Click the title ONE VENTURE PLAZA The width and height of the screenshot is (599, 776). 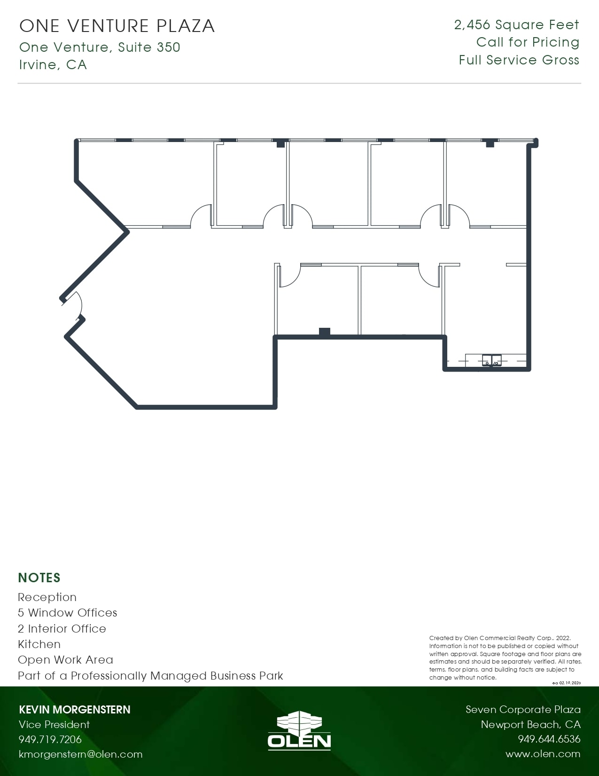click(117, 26)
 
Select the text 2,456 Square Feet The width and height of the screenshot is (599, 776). click(516, 25)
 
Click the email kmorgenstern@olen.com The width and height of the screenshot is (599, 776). click(80, 754)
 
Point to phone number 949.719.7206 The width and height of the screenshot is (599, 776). click(50, 739)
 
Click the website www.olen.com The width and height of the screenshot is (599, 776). click(543, 754)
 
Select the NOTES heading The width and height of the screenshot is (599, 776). click(39, 578)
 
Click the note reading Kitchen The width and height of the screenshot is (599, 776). click(39, 644)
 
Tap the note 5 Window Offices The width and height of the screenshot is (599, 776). click(68, 612)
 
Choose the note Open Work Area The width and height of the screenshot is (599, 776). click(65, 660)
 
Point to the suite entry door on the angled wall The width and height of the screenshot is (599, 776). click(74, 306)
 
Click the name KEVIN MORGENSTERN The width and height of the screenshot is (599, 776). click(75, 709)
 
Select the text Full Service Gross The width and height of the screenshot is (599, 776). click(519, 60)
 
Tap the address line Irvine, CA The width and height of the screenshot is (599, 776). click(53, 64)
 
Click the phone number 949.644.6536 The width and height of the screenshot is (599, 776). click(549, 739)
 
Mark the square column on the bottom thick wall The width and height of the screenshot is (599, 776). click(324, 332)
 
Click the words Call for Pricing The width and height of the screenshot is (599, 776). click(528, 42)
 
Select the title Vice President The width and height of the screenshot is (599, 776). click(54, 724)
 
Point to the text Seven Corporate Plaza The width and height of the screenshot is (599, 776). click(523, 709)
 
